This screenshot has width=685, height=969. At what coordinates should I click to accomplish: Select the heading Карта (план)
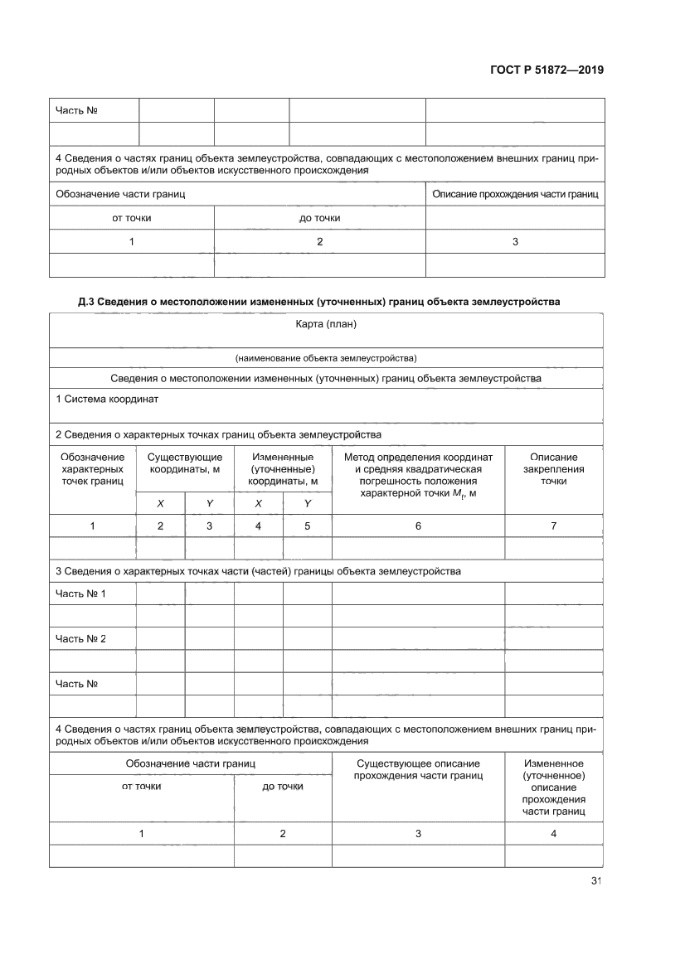coord(326,323)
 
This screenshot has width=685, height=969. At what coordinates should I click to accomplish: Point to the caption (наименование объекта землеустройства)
coord(326,358)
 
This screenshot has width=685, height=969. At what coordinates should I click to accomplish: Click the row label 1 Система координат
coord(107,399)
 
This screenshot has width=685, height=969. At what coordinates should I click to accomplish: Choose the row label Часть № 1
coord(80,594)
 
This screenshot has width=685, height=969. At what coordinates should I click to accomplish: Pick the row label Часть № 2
coord(80,638)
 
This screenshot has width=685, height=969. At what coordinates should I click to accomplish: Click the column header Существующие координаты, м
coord(185,463)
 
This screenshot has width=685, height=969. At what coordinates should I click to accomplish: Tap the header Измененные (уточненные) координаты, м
coord(283,468)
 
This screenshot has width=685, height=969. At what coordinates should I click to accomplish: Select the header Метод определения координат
coord(418,457)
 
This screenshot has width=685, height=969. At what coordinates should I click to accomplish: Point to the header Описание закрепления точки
coord(553,468)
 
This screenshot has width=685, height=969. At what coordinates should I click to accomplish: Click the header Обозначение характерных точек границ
coord(93,468)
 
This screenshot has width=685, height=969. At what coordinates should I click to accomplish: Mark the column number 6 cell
coord(418,526)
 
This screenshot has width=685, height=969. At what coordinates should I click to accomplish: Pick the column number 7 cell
coord(553,526)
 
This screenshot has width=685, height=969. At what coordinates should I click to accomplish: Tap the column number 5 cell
coord(307,526)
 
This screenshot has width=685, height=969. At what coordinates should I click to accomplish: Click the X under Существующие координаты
coord(160,503)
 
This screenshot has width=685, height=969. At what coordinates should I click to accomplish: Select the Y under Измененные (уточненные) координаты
coord(307,503)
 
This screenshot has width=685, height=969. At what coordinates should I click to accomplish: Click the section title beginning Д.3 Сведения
coord(319,302)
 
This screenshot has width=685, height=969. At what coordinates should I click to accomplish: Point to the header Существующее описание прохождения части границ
coord(418,768)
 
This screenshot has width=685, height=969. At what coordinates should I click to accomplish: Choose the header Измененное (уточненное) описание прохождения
coord(553,787)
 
